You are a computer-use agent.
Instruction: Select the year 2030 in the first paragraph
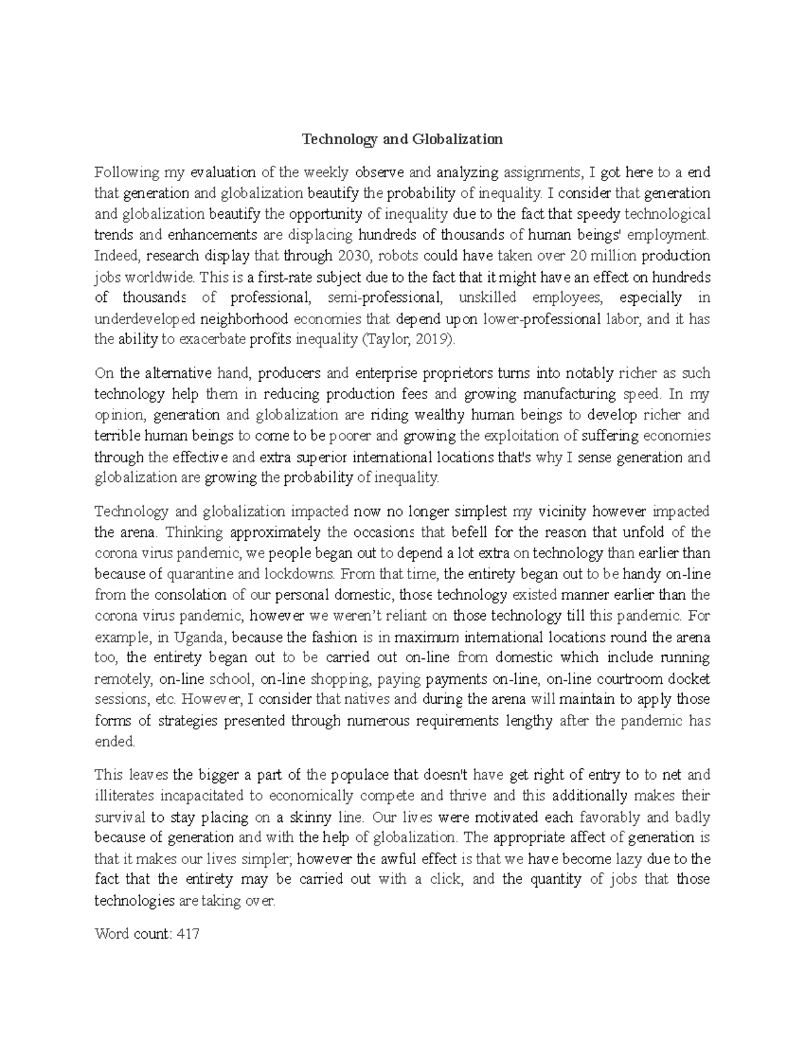coord(354,256)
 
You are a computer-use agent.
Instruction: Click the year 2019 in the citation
coord(431,340)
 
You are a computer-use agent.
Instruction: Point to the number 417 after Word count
coord(187,933)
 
